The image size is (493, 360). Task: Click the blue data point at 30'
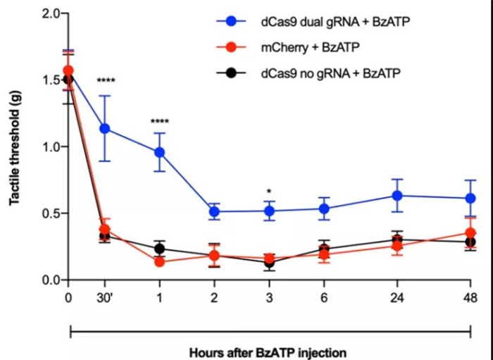pyautogui.click(x=105, y=128)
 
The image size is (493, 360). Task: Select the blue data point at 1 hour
pyautogui.click(x=159, y=152)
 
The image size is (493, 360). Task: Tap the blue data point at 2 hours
pyautogui.click(x=214, y=211)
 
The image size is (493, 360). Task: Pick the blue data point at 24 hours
pyautogui.click(x=397, y=195)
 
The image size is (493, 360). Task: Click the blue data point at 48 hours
pyautogui.click(x=470, y=198)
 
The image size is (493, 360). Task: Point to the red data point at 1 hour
pyautogui.click(x=159, y=262)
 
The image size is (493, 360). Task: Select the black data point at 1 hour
pyautogui.click(x=159, y=248)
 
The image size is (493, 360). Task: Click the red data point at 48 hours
pyautogui.click(x=470, y=233)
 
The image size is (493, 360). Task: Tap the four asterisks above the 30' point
pyautogui.click(x=105, y=81)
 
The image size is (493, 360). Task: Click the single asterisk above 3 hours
pyautogui.click(x=270, y=191)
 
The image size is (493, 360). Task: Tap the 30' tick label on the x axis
pyautogui.click(x=105, y=298)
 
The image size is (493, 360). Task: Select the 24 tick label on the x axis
pyautogui.click(x=397, y=298)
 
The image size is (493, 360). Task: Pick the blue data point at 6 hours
pyautogui.click(x=325, y=209)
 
